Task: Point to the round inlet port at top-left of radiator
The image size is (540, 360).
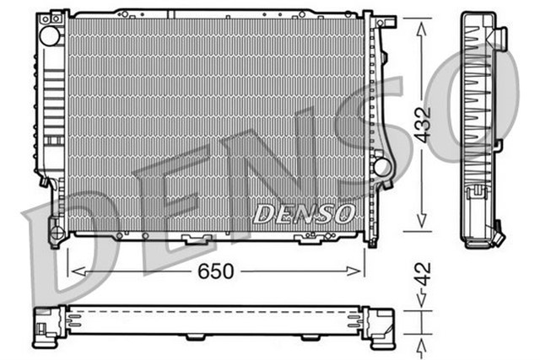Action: pos(50,35)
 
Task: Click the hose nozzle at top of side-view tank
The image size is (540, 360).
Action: pos(499,38)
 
